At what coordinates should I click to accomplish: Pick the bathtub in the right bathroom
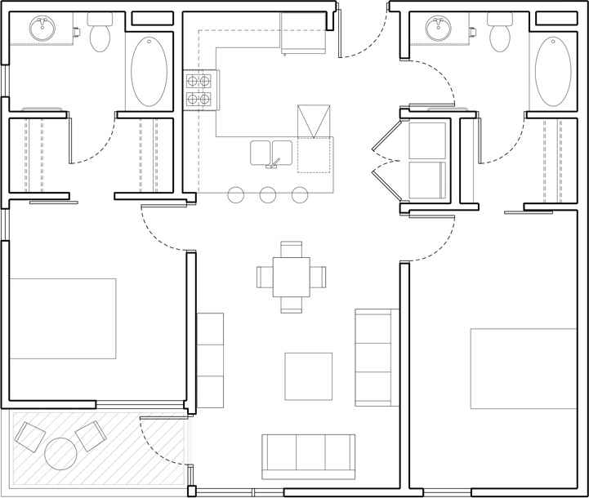point(552,72)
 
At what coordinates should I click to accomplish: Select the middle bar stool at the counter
point(268,194)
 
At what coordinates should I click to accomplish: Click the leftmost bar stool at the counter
point(236,194)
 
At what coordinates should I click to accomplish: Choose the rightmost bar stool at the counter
point(300,194)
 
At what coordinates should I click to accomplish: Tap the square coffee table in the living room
point(308,376)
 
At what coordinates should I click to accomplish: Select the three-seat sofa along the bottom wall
point(308,456)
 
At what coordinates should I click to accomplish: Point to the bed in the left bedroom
point(62,318)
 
